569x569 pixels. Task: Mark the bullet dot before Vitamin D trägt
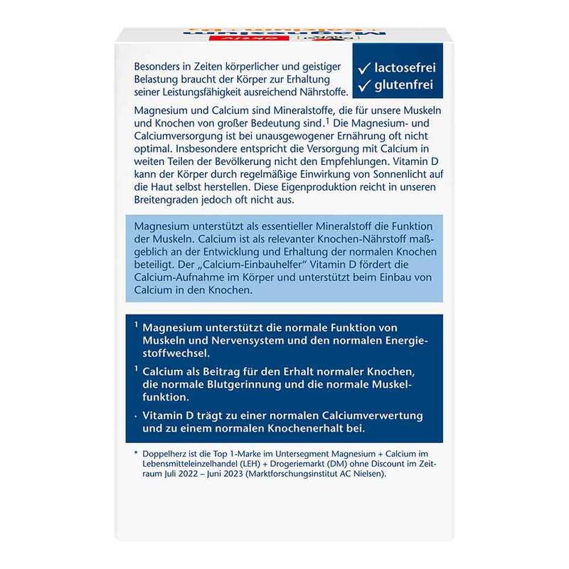135,415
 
